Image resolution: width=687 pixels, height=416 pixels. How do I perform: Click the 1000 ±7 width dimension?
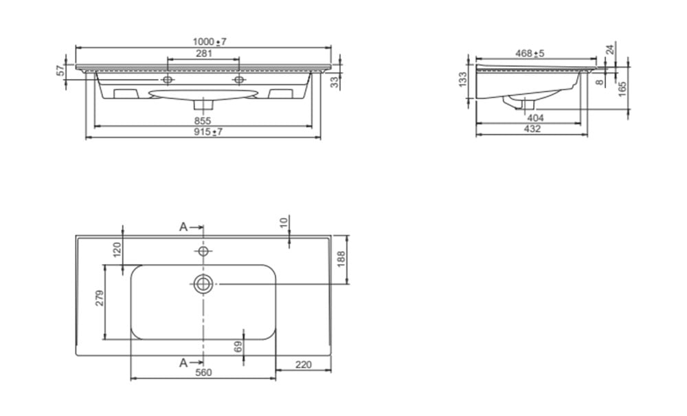pyautogui.click(x=210, y=42)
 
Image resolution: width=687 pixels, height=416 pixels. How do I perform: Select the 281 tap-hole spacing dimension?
pyautogui.click(x=204, y=54)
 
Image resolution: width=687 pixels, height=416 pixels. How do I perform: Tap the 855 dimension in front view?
pyautogui.click(x=203, y=121)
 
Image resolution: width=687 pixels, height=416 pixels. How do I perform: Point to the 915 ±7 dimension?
pyautogui.click(x=209, y=131)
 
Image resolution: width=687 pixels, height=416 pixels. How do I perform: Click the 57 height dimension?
pyautogui.click(x=61, y=70)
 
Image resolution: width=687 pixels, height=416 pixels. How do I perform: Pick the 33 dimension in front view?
pyautogui.click(x=335, y=82)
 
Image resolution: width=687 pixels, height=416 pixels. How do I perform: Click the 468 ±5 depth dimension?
pyautogui.click(x=530, y=54)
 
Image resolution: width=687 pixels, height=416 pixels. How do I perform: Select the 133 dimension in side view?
pyautogui.click(x=462, y=80)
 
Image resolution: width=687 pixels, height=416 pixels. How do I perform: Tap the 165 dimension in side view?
pyautogui.click(x=622, y=89)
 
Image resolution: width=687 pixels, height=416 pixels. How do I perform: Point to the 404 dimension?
pyautogui.click(x=535, y=118)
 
